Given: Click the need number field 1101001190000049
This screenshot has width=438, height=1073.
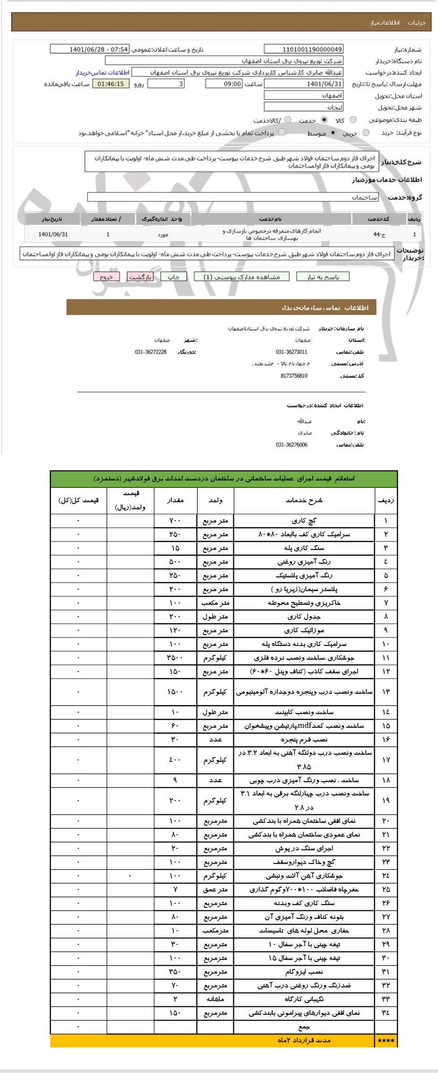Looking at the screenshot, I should [304, 49].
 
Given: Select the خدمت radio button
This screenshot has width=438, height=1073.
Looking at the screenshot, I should [324, 120].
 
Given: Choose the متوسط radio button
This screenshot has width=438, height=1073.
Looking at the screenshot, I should [334, 133].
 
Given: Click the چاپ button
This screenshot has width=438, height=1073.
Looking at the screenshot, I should [174, 277].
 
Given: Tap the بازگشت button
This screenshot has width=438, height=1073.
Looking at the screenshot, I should [140, 277].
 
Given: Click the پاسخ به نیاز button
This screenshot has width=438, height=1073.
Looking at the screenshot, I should [323, 277].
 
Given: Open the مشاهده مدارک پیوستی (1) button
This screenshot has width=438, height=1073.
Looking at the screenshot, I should [241, 277].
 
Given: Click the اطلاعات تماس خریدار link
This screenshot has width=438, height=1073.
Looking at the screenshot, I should [103, 72].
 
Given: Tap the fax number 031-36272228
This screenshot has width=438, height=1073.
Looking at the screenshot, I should [151, 352].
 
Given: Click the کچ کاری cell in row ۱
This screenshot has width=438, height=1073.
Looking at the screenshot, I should [304, 521].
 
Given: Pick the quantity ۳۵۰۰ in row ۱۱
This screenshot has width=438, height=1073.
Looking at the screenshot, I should [175, 658].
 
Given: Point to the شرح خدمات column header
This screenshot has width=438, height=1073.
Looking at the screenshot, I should [304, 500].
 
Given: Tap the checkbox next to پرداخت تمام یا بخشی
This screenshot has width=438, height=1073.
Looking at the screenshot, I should [283, 132].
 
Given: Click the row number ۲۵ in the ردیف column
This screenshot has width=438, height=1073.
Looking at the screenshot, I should [386, 889].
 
